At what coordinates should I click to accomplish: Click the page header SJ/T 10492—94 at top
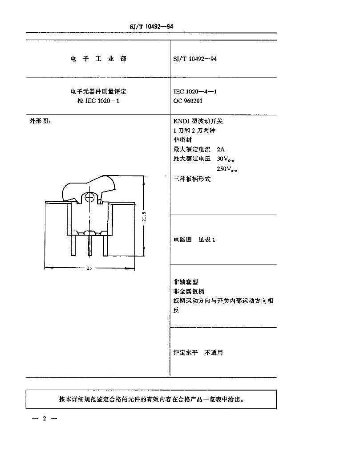click(151, 26)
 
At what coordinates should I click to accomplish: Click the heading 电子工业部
click(98, 59)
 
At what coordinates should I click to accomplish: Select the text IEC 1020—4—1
click(195, 92)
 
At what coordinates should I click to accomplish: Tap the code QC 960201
click(188, 101)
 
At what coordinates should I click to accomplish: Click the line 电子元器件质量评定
click(98, 92)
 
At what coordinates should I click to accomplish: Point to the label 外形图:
click(40, 121)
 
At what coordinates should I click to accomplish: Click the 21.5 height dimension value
click(144, 217)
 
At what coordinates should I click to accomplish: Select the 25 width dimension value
click(89, 268)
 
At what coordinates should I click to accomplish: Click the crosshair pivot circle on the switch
click(90, 197)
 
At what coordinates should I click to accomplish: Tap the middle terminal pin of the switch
click(90, 245)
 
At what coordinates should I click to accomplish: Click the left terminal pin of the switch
click(73, 245)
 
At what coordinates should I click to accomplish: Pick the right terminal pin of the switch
click(106, 245)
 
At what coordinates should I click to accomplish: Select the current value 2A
click(221, 150)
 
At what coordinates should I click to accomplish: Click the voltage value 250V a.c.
click(227, 169)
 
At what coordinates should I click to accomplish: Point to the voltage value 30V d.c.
click(226, 159)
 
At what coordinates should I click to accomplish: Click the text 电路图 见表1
click(194, 240)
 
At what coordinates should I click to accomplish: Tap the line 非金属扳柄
click(189, 291)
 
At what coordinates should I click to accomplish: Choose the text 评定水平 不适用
click(198, 353)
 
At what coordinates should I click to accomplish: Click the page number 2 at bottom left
click(44, 419)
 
